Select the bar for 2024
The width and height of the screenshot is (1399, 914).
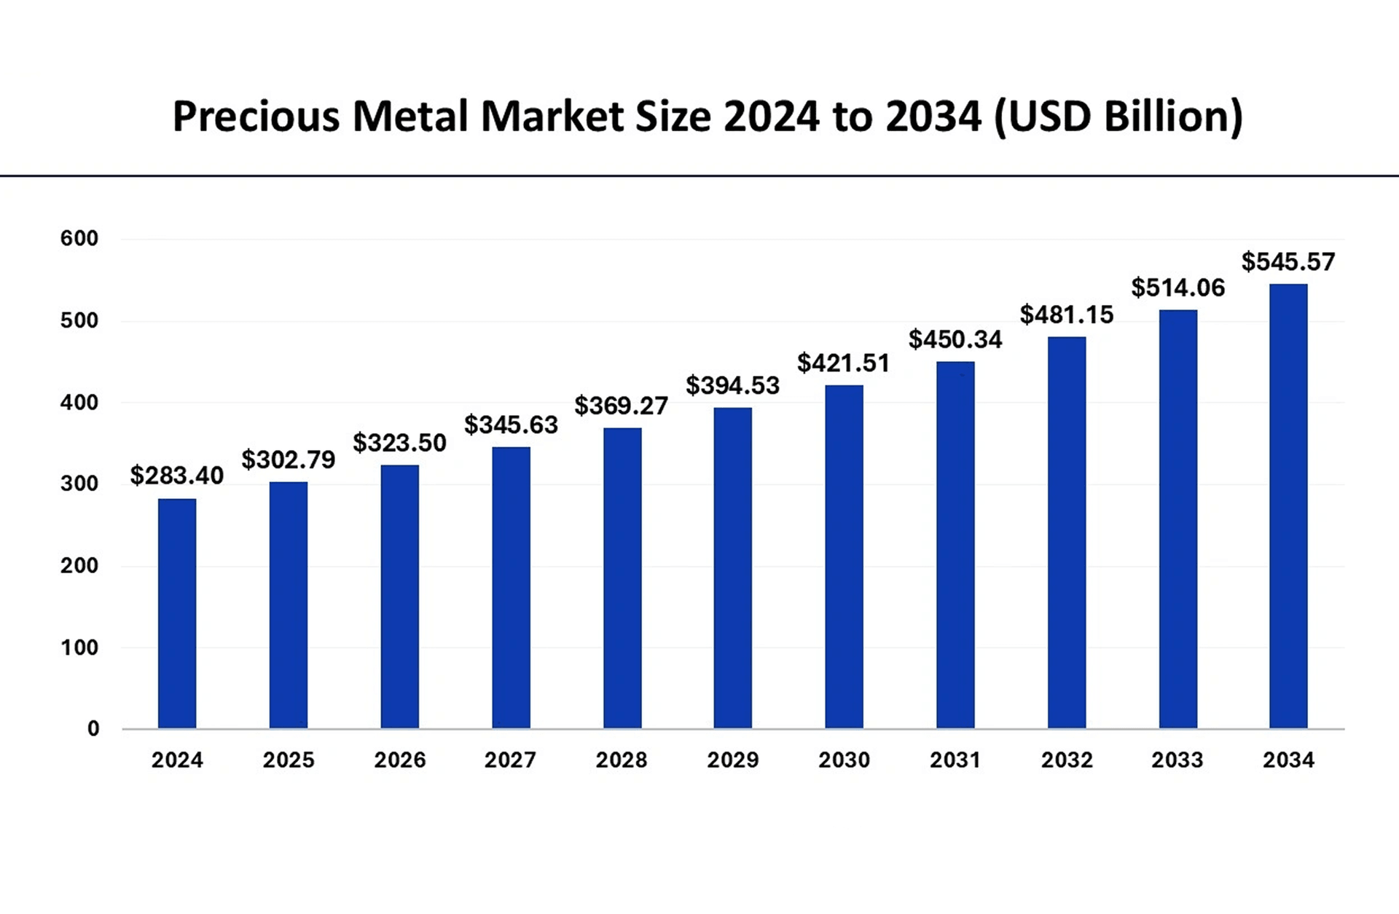pos(177,613)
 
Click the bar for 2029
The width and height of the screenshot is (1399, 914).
pos(732,568)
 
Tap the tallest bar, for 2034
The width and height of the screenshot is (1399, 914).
pos(1288,506)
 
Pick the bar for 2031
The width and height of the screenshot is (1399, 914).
pos(955,545)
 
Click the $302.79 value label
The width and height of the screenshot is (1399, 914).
pos(288,460)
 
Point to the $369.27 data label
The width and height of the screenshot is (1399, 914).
pos(621,406)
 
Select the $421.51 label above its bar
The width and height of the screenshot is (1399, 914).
pos(843,363)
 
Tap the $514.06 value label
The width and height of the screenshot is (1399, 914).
pos(1177,288)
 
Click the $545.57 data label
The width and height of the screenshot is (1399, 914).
pos(1288,261)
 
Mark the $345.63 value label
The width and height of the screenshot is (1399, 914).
pos(511,425)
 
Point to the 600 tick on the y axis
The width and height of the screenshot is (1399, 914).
pos(79,238)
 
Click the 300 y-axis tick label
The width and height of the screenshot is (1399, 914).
pos(79,484)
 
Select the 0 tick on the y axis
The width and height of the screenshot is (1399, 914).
pos(93,728)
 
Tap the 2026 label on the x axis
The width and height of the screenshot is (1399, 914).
pos(399,760)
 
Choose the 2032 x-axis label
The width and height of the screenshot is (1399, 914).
pos(1066,760)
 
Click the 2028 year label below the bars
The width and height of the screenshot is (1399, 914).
pos(621,760)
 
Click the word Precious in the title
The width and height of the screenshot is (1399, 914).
pos(256,117)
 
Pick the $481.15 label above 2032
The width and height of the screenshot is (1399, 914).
pos(1066,315)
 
